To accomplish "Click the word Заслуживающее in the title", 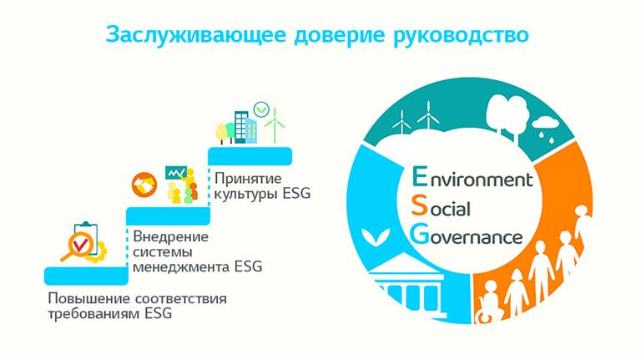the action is point(195,35).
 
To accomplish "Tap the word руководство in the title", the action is point(461,36).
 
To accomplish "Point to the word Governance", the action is point(467,235).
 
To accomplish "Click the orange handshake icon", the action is point(144,185).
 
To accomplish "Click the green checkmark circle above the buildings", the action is point(261,109).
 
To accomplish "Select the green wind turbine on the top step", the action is point(275,124).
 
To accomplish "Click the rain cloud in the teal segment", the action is point(544,128).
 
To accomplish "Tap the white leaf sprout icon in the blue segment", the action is point(376,236).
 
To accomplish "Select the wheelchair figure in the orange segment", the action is point(487,304).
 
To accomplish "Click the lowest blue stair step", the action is point(86,276).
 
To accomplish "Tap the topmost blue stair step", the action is point(250,156).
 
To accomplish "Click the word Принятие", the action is point(248,179).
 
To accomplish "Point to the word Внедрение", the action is point(171,236).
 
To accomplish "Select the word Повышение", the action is point(88,298).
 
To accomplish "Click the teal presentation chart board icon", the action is point(176,174).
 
